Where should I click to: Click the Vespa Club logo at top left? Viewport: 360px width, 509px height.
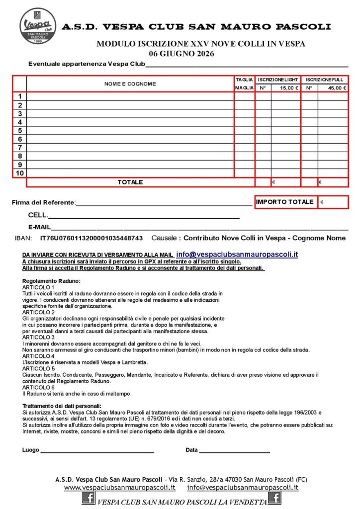[x=35, y=25]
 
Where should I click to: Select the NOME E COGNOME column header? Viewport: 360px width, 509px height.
[x=130, y=84]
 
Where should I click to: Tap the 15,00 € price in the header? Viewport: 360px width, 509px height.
[x=289, y=88]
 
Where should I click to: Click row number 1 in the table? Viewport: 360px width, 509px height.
[x=19, y=96]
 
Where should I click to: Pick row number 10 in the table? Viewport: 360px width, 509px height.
[x=19, y=173]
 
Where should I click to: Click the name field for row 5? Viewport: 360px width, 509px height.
[x=130, y=131]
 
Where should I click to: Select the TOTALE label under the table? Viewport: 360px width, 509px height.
[x=130, y=182]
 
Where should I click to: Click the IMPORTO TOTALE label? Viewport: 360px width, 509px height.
[x=285, y=202]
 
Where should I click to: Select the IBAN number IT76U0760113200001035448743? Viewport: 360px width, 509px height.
[x=91, y=238]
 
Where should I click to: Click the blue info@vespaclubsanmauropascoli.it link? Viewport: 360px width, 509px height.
[x=237, y=254]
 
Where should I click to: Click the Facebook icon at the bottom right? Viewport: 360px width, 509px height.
[x=274, y=498]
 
